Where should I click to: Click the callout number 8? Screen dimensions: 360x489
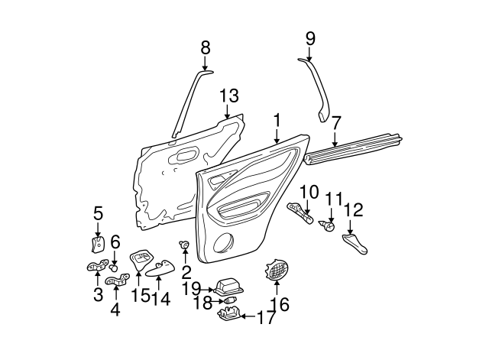coord(205,47)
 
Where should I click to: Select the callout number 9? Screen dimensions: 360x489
coord(309,37)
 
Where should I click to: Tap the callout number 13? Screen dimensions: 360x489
coord(229,96)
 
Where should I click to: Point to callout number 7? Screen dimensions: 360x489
coord(336,121)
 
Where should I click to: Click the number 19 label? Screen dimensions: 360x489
coord(191,288)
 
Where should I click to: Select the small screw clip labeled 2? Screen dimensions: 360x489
coord(184,245)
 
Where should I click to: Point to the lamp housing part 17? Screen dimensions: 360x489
coord(232,314)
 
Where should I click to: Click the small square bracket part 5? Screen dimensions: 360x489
coord(98,245)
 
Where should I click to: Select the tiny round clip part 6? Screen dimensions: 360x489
coord(114,268)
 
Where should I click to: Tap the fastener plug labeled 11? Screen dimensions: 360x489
coord(329,226)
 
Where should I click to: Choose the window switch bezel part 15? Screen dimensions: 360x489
coord(141,258)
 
